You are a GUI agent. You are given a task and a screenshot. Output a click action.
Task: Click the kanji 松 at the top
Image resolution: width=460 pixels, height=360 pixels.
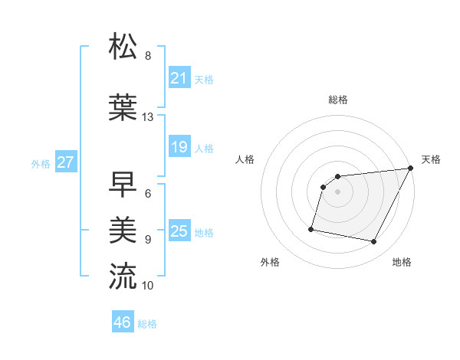tap(123, 47)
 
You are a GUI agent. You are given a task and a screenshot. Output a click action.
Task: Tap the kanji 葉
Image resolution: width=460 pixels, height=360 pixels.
tap(123, 108)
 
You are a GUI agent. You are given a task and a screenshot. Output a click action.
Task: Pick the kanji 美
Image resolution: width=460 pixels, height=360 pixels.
tap(123, 229)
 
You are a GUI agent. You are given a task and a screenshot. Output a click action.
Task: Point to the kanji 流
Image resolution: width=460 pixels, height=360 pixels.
tap(123, 276)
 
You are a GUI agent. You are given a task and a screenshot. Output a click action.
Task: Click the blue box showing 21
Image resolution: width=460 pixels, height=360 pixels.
tap(179, 78)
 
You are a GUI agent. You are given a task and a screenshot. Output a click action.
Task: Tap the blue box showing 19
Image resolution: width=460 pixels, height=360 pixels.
tap(179, 147)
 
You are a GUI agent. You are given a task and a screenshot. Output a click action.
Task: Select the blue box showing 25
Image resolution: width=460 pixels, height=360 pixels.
tap(179, 231)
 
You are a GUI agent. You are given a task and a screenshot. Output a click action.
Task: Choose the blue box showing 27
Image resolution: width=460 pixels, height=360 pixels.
tap(65, 162)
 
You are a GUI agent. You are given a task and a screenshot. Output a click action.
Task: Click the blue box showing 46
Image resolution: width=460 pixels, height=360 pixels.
tap(122, 322)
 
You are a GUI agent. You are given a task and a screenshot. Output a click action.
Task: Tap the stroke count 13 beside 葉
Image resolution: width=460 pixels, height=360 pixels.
tap(148, 117)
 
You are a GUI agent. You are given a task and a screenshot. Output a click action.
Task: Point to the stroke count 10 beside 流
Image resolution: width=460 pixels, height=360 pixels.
tap(148, 286)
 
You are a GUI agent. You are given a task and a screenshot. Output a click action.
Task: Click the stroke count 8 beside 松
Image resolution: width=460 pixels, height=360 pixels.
tap(148, 56)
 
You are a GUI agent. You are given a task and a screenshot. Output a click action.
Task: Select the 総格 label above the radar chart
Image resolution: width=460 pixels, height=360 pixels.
tap(337, 100)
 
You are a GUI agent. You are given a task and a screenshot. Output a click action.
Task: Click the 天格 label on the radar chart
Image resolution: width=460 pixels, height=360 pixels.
tap(431, 159)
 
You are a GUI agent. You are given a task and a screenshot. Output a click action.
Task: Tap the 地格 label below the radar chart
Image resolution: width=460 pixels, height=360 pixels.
tap(402, 262)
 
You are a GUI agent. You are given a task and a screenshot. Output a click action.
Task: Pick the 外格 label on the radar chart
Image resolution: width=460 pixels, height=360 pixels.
tap(270, 262)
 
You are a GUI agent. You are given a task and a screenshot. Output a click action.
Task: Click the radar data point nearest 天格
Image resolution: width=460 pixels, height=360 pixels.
tap(411, 169)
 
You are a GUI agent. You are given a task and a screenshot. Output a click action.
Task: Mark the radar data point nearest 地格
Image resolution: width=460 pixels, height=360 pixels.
tap(374, 242)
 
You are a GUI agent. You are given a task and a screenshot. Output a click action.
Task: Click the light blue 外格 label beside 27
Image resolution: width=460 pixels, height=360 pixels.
tap(41, 163)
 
